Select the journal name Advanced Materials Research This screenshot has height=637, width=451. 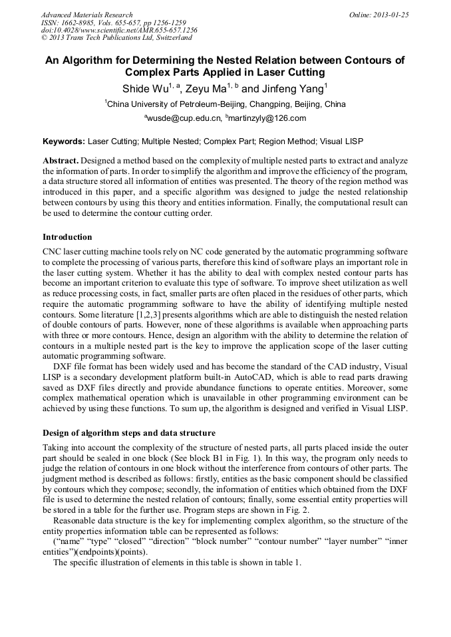point(86,15)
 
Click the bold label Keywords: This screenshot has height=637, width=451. point(64,141)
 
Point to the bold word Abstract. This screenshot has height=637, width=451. point(61,161)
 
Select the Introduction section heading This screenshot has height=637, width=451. point(67,237)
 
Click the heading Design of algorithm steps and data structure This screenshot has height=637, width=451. point(129,433)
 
